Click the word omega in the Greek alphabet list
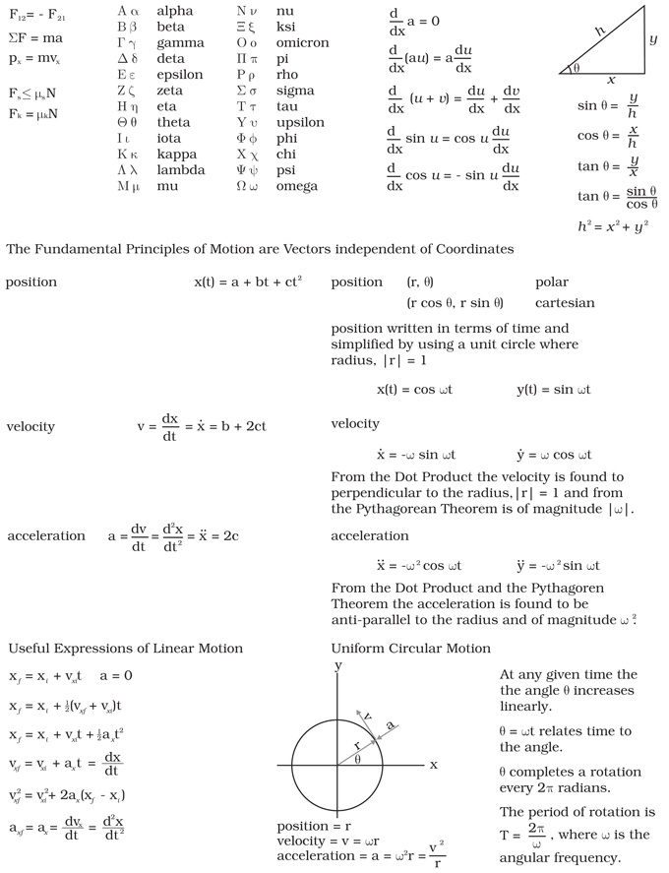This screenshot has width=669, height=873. pyautogui.click(x=297, y=186)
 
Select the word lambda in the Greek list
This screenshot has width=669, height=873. pyautogui.click(x=180, y=169)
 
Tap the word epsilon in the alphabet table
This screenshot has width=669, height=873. pyautogui.click(x=179, y=74)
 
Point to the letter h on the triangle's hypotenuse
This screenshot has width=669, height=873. pyautogui.click(x=597, y=31)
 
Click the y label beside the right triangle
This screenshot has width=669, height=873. pyautogui.click(x=652, y=40)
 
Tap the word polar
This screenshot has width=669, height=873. pyautogui.click(x=551, y=282)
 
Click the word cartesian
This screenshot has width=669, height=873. pyautogui.click(x=565, y=303)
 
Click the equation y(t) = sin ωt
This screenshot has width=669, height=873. pyautogui.click(x=553, y=390)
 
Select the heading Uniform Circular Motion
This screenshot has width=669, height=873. pyautogui.click(x=410, y=649)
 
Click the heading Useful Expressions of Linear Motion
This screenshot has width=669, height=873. pyautogui.click(x=125, y=649)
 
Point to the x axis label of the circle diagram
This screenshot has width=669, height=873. pyautogui.click(x=433, y=764)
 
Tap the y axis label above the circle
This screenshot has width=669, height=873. pyautogui.click(x=337, y=666)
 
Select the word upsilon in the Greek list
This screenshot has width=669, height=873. pyautogui.click(x=301, y=122)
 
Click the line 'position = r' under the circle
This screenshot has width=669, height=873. pyautogui.click(x=315, y=826)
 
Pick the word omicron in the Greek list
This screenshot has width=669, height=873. pyautogui.click(x=302, y=42)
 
